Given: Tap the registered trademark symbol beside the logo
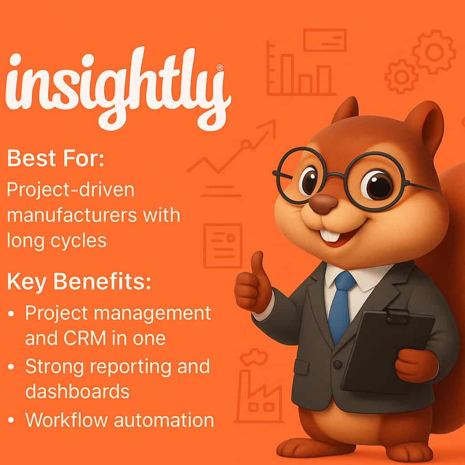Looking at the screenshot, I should tap(220, 68).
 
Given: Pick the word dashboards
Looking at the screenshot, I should tap(77, 391).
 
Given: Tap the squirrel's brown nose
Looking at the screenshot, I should tap(323, 204).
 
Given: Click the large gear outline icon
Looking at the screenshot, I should tap(434, 52).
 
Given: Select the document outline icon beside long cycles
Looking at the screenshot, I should tap(223, 245).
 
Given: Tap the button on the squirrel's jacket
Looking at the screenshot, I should tap(337, 365).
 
